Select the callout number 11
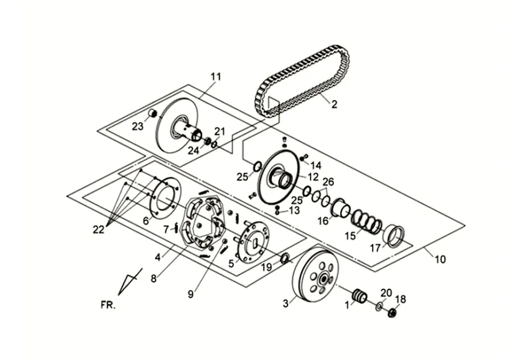coord(216,77)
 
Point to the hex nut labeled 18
coord(391,314)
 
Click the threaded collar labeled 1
coord(359,296)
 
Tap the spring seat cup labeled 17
coord(394,236)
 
